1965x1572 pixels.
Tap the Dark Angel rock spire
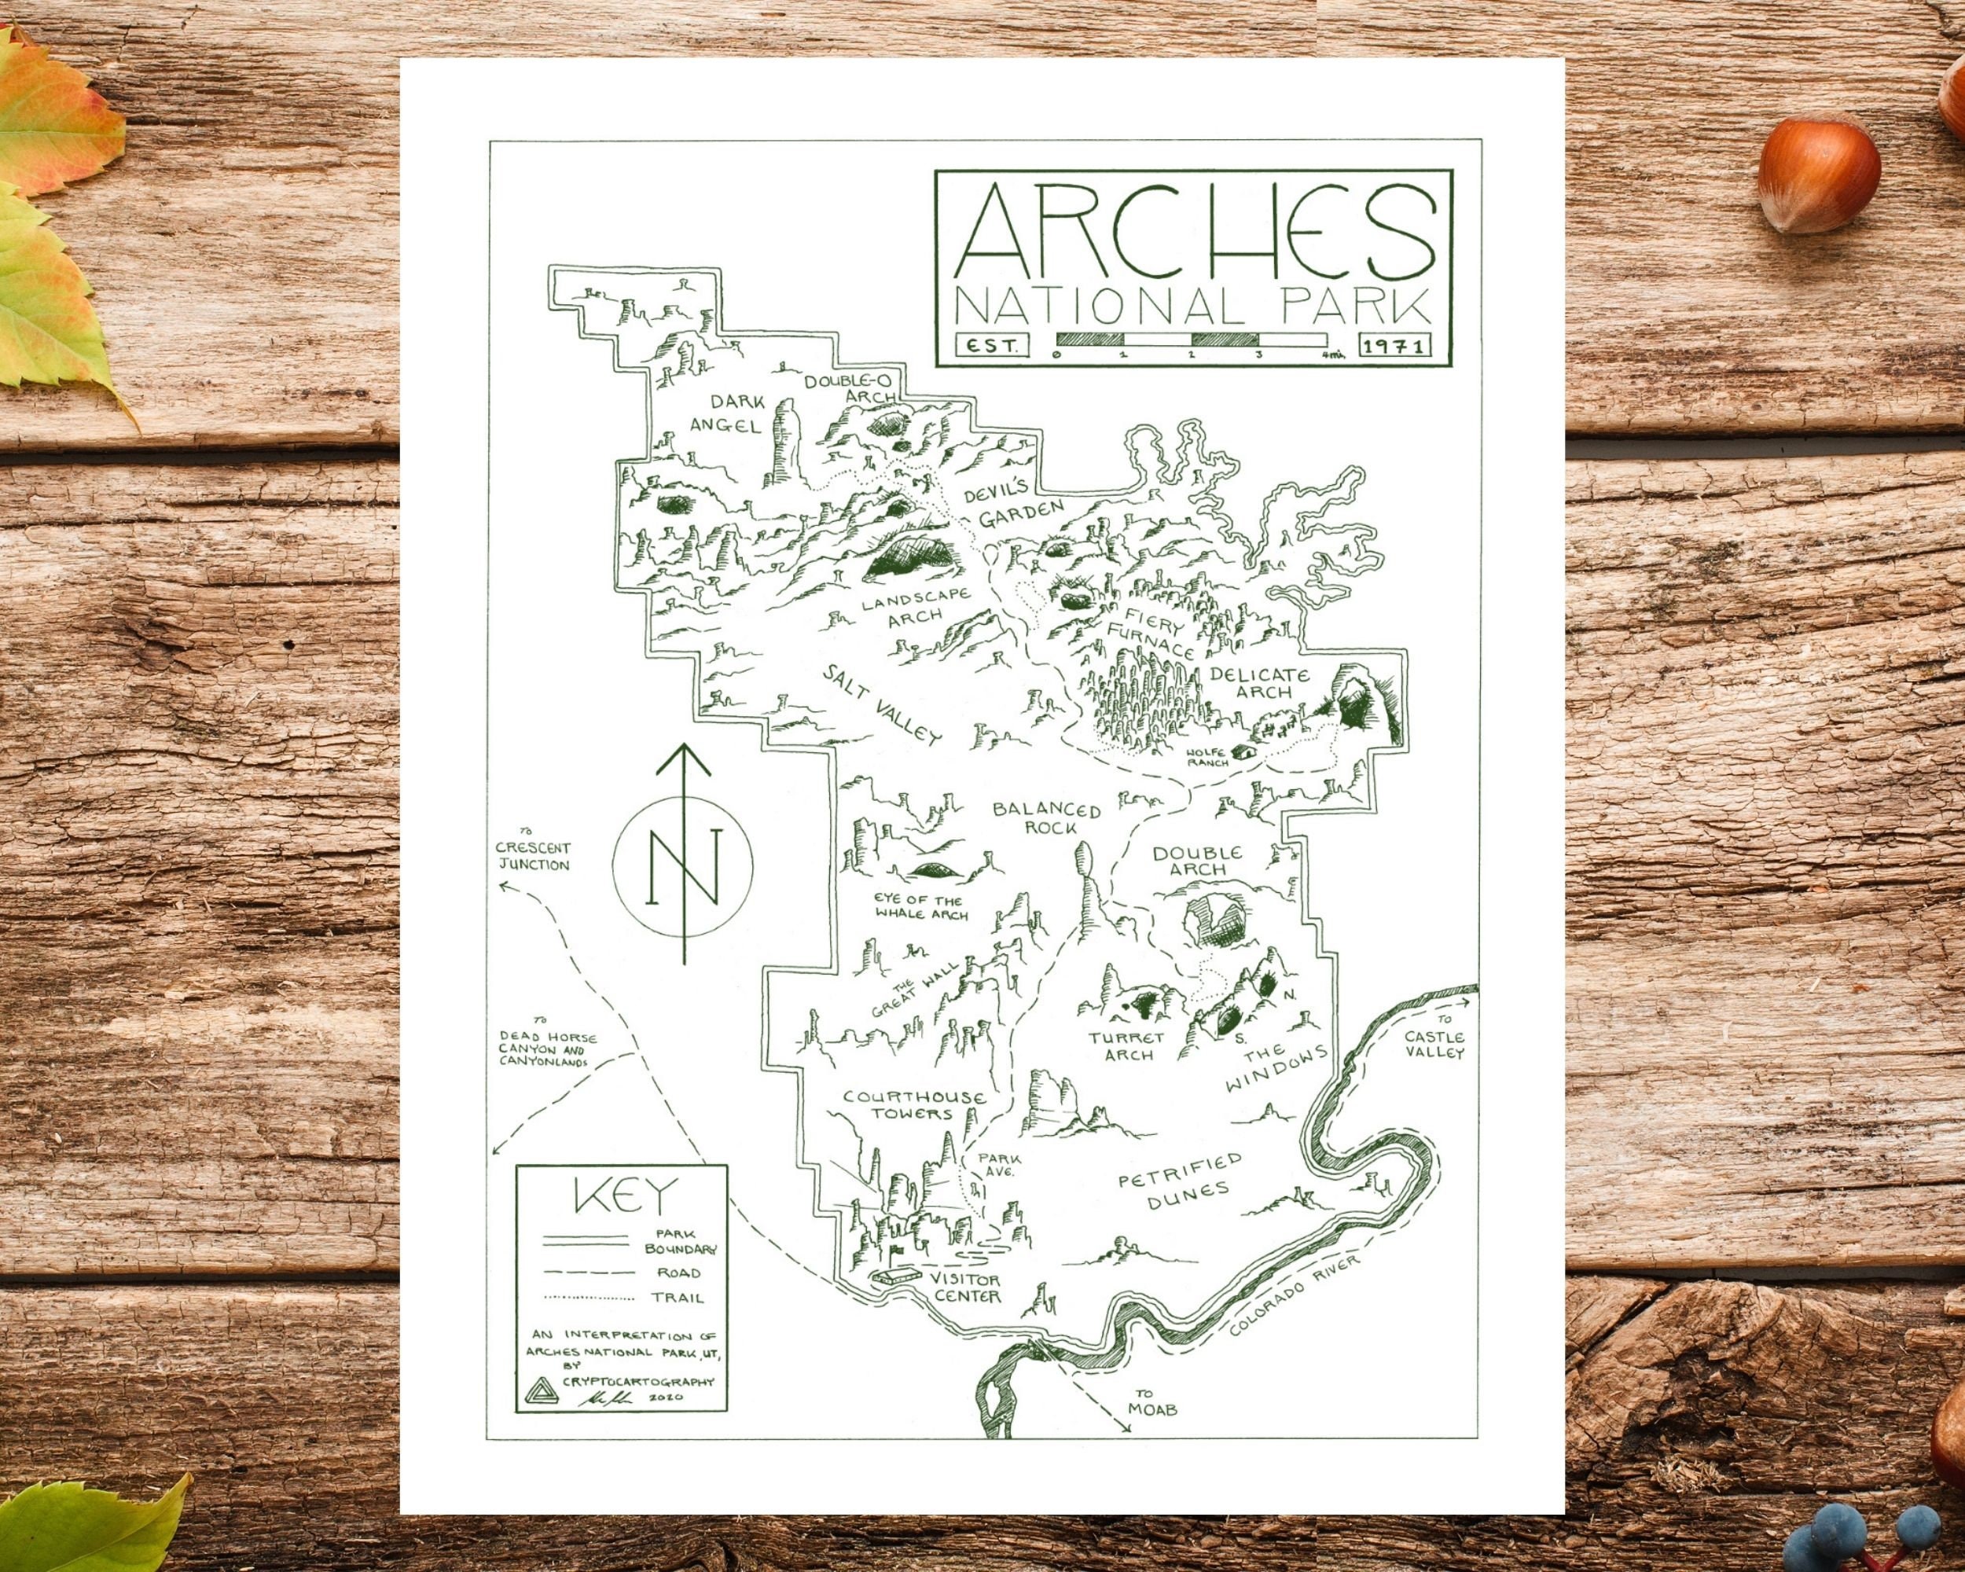pos(782,442)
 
